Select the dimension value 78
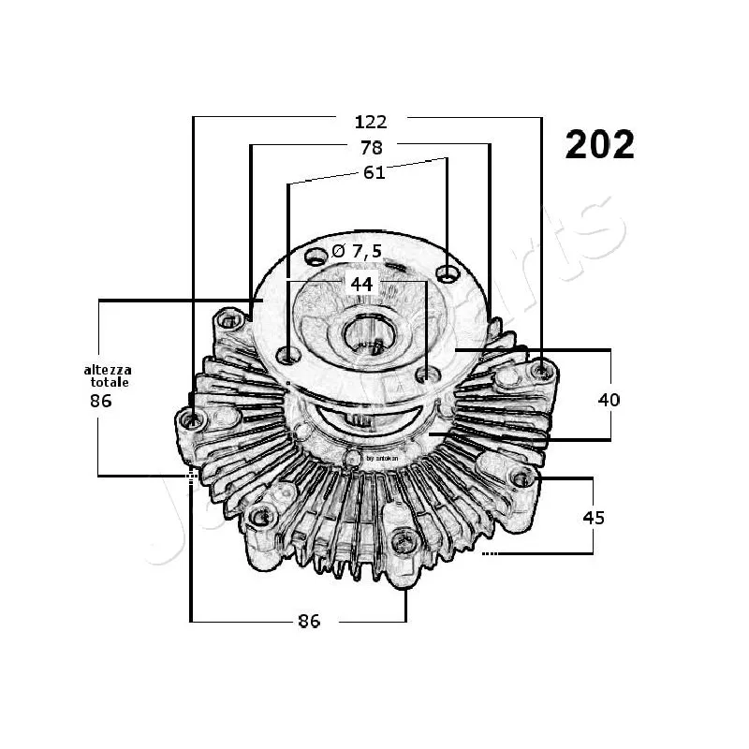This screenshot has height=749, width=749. pyautogui.click(x=371, y=147)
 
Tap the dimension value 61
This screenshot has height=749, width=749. pyautogui.click(x=374, y=171)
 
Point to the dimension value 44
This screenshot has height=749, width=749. pyautogui.click(x=361, y=283)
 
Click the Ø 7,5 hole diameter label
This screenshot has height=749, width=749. pyautogui.click(x=357, y=250)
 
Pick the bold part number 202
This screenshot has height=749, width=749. pyautogui.click(x=599, y=144)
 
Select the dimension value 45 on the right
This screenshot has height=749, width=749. pyautogui.click(x=594, y=517)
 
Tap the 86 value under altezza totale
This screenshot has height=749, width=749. pyautogui.click(x=101, y=401)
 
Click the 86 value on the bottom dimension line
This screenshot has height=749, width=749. pyautogui.click(x=309, y=621)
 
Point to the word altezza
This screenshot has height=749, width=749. pyautogui.click(x=108, y=371)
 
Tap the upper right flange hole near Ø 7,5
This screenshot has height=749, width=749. pyautogui.click(x=449, y=273)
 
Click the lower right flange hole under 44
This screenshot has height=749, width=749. pyautogui.click(x=428, y=375)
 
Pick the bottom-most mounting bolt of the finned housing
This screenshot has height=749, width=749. pyautogui.click(x=405, y=540)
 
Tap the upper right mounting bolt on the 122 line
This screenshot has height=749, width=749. pyautogui.click(x=540, y=372)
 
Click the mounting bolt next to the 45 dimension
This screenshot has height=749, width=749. pyautogui.click(x=521, y=479)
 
